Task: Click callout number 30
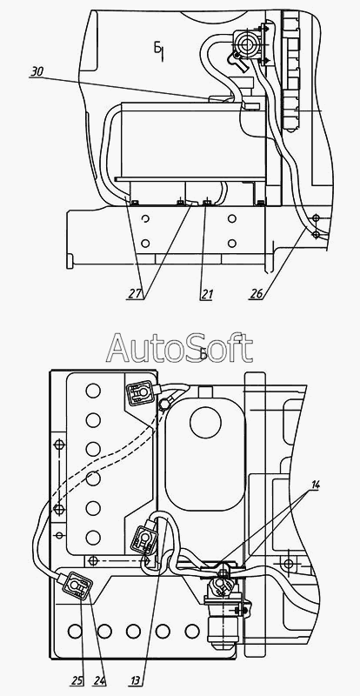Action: click(x=37, y=72)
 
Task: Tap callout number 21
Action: click(x=206, y=294)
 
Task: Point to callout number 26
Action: click(x=256, y=294)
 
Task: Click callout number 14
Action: click(x=315, y=485)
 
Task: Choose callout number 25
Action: click(x=76, y=679)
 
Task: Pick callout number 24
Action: click(x=99, y=679)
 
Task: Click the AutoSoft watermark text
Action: click(x=179, y=347)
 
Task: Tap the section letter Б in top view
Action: click(x=158, y=49)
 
